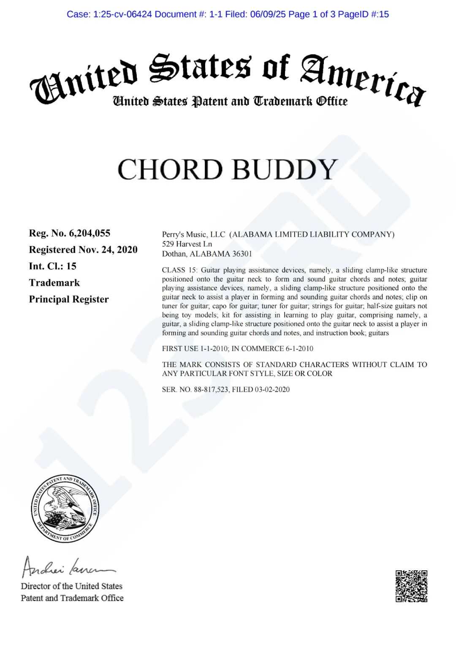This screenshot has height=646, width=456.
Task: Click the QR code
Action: [411, 586]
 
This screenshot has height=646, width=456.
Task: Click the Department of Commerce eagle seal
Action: [65, 509]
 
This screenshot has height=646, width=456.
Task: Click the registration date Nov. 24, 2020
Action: [108, 249]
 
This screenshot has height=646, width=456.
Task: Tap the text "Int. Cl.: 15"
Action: [53, 266]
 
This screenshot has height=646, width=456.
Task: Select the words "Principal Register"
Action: [69, 299]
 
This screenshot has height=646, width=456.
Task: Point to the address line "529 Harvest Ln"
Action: [187, 244]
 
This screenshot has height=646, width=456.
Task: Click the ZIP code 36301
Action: [239, 254]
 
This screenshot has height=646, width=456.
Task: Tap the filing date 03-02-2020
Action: [272, 389]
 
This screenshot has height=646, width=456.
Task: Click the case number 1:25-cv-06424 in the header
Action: [123, 14]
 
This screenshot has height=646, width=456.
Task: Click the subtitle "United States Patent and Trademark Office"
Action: [230, 101]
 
